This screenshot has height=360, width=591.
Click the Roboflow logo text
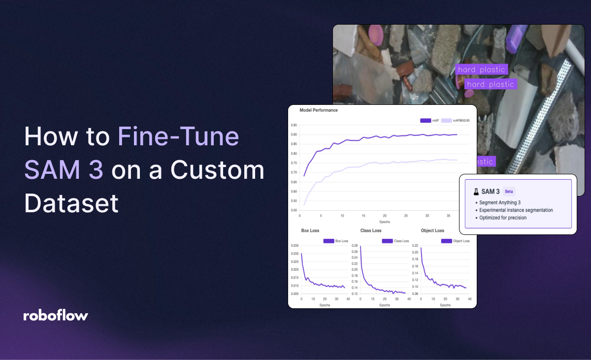pyautogui.click(x=55, y=316)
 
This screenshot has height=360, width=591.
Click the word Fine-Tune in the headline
pyautogui.click(x=178, y=137)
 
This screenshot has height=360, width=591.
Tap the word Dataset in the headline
pyautogui.click(x=71, y=203)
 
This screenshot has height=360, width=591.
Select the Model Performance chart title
pyautogui.click(x=319, y=110)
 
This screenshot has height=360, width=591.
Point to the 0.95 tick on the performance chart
pyautogui.click(x=294, y=125)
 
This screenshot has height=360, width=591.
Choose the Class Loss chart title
pyautogui.click(x=370, y=230)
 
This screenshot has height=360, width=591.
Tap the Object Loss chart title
pyautogui.click(x=432, y=230)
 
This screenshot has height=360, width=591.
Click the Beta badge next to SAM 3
pyautogui.click(x=509, y=192)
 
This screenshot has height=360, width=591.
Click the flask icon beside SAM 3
pyautogui.click(x=476, y=192)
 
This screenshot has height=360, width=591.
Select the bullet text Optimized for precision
pyautogui.click(x=502, y=218)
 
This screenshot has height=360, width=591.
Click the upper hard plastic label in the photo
pyautogui.click(x=481, y=70)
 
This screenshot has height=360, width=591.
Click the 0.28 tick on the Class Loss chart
pyautogui.click(x=355, y=245)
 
